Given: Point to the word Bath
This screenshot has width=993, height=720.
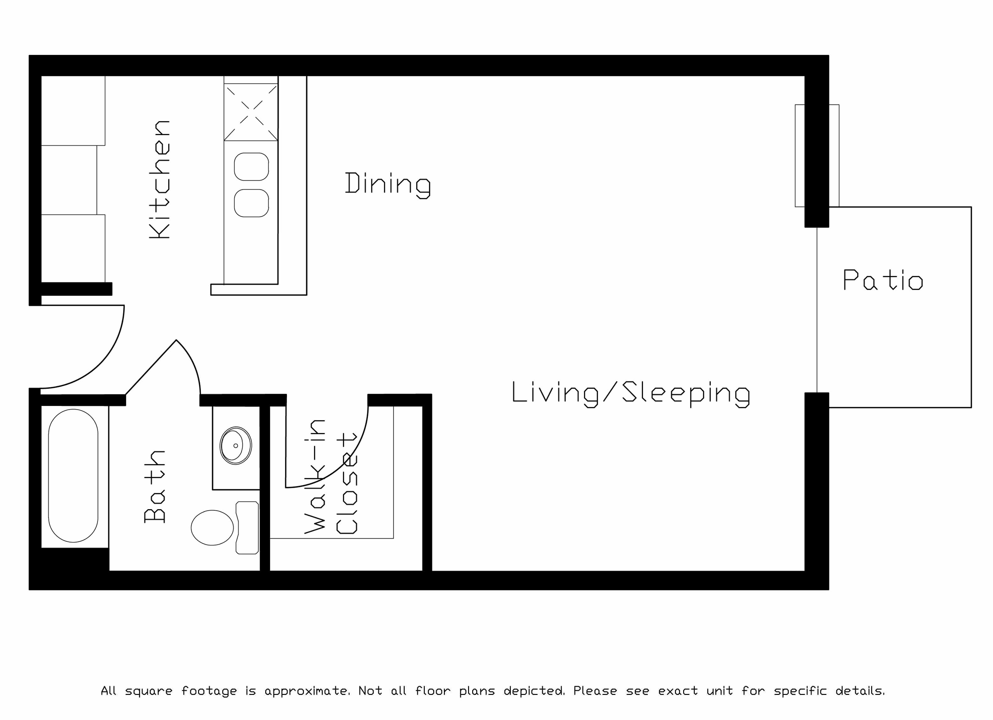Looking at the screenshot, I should click(x=154, y=486).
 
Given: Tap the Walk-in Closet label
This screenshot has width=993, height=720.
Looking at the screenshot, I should click(x=331, y=477).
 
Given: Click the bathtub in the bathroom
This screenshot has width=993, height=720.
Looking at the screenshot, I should click(x=73, y=476).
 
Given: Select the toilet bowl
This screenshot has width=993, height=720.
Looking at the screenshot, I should click(x=212, y=528).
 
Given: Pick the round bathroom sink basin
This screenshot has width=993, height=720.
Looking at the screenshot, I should click(x=235, y=445).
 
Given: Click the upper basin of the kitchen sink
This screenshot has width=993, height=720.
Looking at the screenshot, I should click(x=251, y=167).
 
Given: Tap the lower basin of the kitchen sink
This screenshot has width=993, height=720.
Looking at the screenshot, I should click(x=251, y=203).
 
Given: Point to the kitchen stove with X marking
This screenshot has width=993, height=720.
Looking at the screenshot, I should click(x=251, y=112).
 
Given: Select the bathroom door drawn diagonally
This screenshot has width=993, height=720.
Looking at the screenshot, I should click(x=151, y=367).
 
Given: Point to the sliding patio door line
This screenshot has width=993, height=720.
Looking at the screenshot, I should click(x=817, y=310).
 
